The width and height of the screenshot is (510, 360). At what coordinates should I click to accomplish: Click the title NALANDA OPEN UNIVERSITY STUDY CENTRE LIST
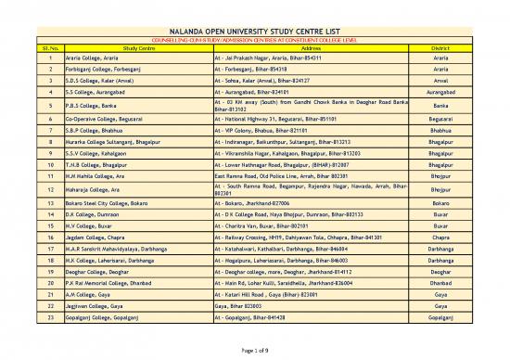[255, 30]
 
